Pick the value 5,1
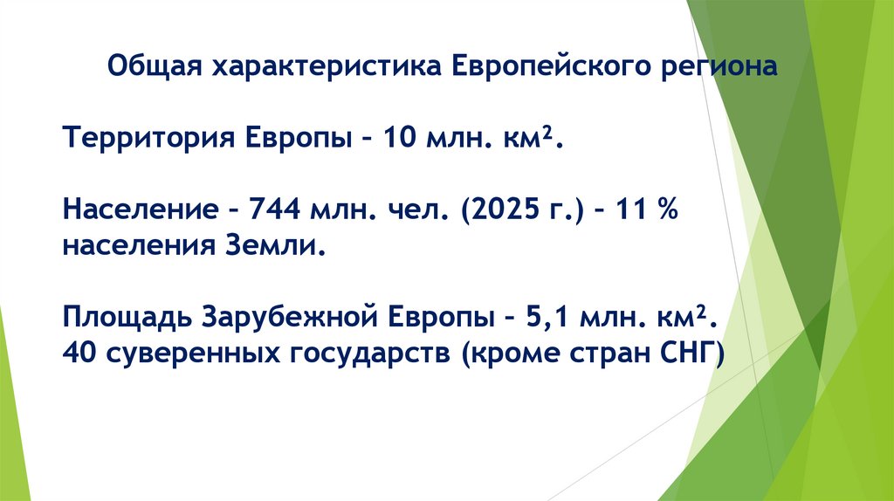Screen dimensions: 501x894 tap(545, 318)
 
